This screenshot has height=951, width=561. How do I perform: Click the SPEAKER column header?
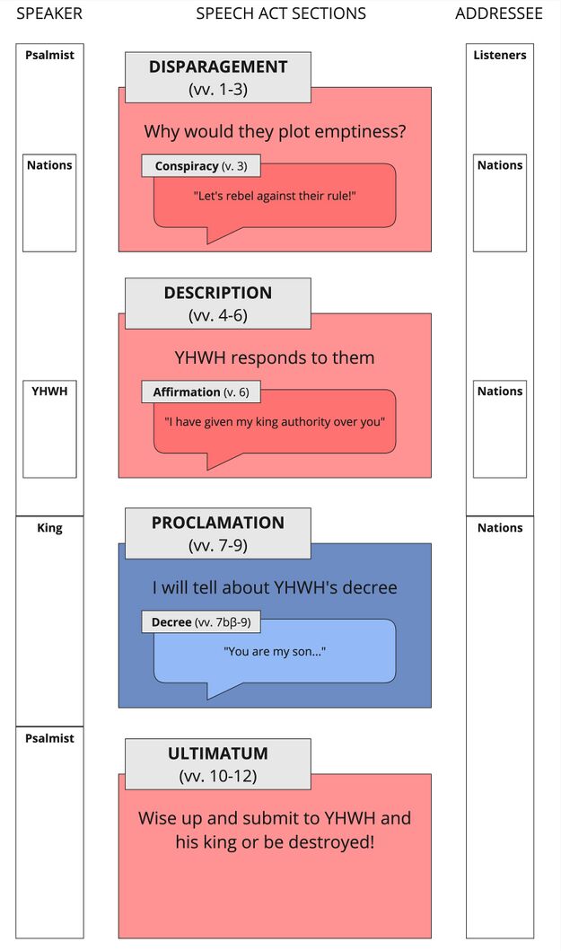[x=49, y=13]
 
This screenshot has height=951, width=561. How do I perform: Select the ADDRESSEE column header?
[x=499, y=13]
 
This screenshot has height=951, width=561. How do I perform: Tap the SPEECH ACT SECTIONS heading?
[x=280, y=13]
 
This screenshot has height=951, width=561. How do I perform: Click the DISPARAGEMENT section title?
[x=218, y=67]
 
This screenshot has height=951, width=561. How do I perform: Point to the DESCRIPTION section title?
[x=218, y=293]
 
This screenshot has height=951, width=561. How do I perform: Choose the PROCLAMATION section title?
[x=218, y=523]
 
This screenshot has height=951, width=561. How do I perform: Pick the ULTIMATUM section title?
[x=218, y=753]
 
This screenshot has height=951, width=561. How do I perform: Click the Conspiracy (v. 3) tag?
[x=201, y=166]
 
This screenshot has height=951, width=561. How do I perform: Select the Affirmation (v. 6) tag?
[x=201, y=392]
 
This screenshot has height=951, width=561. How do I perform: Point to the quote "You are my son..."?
[x=275, y=651]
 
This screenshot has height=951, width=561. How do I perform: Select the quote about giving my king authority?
[x=274, y=421]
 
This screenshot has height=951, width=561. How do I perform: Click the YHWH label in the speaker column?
[x=49, y=392]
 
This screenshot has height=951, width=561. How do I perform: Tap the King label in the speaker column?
[x=49, y=528]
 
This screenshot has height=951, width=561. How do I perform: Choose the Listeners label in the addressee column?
[x=500, y=56]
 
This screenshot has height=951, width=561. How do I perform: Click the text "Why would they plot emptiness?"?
[x=275, y=132]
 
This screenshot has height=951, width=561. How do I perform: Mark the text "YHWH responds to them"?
[x=275, y=358]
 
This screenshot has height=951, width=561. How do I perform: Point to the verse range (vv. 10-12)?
[x=218, y=777]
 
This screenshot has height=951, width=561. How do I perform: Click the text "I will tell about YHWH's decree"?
[x=275, y=588]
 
